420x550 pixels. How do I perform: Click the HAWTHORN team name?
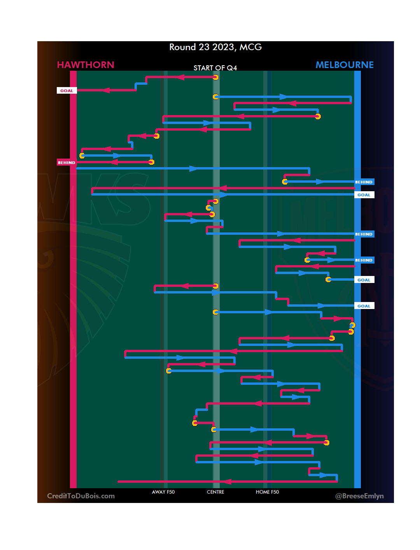(86, 65)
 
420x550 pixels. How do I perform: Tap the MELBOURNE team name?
(344, 65)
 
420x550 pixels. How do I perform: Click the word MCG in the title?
(250, 47)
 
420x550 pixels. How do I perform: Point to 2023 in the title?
(223, 47)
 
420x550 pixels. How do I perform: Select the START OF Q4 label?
(215, 68)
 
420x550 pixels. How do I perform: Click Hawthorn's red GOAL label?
(66, 91)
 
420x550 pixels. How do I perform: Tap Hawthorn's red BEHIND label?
(66, 162)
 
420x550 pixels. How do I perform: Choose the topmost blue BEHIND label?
(364, 182)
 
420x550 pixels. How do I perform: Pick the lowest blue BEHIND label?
(364, 260)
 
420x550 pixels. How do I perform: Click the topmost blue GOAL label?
(364, 195)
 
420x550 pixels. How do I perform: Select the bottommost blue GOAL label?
(364, 306)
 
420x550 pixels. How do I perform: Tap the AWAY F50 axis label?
(163, 492)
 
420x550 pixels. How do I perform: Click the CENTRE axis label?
(215, 492)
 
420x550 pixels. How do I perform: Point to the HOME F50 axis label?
(267, 492)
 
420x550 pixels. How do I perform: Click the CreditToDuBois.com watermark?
(81, 496)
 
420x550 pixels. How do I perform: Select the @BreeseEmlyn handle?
(359, 496)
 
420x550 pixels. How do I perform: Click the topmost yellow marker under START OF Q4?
(215, 77)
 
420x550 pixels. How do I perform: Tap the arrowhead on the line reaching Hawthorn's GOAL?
(105, 90)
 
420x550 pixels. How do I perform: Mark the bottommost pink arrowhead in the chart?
(227, 482)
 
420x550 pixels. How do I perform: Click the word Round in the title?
(182, 47)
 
